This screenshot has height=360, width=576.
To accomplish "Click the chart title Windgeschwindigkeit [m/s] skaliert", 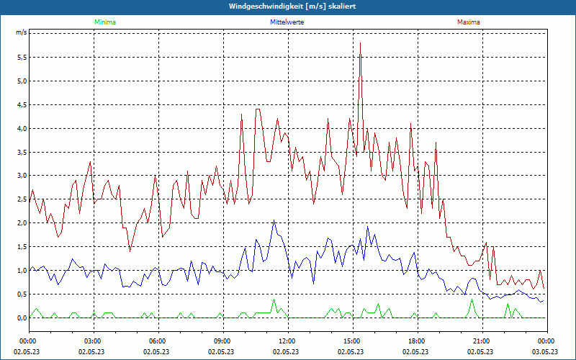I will click(287, 6).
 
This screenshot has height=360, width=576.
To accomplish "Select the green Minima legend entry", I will click(104, 22).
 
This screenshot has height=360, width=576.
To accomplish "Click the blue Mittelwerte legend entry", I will click(287, 22).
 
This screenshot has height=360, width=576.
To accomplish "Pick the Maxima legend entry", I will click(469, 22).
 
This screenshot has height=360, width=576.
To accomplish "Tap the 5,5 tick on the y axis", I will click(21, 57).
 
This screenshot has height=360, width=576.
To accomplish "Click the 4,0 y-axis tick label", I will click(21, 128).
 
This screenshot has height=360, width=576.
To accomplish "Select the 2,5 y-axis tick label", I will click(21, 199).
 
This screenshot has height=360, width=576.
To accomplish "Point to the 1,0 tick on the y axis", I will click(21, 271).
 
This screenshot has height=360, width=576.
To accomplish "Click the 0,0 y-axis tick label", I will click(21, 318).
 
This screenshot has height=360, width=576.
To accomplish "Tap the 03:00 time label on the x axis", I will click(93, 341).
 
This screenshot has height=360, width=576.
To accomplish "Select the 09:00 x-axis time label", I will click(222, 341).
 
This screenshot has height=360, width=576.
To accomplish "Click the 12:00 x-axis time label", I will click(287, 341).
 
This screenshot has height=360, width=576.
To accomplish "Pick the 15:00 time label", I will click(352, 341).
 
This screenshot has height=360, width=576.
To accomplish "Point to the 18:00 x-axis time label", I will click(417, 341).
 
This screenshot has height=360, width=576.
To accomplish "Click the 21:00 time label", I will click(482, 341).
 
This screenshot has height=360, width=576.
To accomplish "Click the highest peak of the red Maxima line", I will click(360, 43).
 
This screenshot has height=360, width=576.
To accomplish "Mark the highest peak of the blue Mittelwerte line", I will click(274, 220).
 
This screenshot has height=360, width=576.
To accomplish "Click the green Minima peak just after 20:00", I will click(472, 300).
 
